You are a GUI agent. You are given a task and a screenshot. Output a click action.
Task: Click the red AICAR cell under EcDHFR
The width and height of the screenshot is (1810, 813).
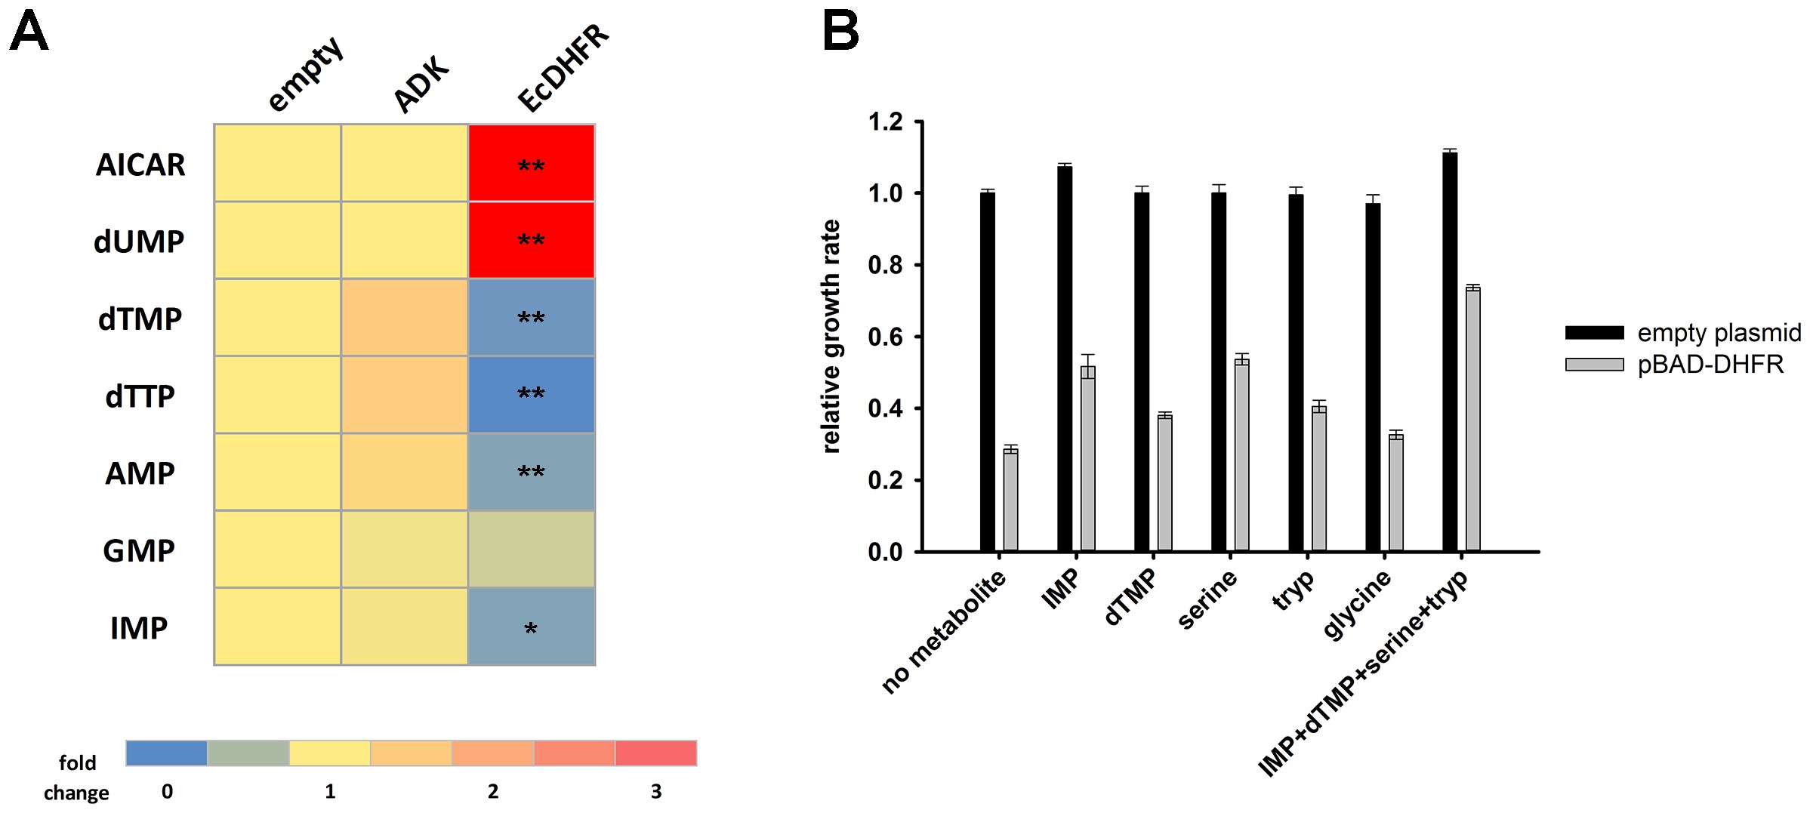pos(532,163)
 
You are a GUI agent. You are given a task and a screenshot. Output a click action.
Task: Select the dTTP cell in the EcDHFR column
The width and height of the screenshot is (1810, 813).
pos(532,394)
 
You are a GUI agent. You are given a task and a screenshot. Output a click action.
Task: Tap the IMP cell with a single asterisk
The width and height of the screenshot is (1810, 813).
pos(532,627)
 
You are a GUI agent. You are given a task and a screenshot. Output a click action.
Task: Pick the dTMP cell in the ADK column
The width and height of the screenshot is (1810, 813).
pos(405,317)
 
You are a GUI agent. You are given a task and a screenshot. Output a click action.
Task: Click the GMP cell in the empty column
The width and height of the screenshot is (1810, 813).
pos(278,549)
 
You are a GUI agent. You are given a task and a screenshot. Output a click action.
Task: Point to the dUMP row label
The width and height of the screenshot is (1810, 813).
pos(139,242)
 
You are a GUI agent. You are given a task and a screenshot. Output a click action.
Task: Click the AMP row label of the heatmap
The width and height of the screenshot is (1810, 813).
pos(140,473)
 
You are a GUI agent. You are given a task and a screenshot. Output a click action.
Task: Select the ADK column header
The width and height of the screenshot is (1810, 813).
pos(421,85)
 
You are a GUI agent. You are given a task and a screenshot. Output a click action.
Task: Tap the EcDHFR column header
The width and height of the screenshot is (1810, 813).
pos(563,68)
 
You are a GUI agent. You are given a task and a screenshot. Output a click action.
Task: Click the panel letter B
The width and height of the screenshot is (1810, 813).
pos(840,32)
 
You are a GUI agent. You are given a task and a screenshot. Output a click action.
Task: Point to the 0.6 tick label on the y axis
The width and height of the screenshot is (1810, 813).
pos(885,337)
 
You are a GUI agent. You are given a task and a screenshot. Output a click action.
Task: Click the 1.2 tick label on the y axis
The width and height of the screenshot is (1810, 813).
pos(885,122)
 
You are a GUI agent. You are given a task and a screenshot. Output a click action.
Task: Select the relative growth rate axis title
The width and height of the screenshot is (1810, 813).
pos(831,337)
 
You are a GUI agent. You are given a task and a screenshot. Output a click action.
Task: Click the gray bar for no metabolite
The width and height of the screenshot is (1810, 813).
pos(1010,500)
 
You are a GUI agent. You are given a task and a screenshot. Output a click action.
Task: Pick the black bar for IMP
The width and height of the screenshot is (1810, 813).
pos(1065,359)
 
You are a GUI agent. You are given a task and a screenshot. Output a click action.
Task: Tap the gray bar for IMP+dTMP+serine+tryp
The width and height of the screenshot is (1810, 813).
pos(1472,419)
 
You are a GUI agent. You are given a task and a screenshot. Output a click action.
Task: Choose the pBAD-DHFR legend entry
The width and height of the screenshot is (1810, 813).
pos(1710,365)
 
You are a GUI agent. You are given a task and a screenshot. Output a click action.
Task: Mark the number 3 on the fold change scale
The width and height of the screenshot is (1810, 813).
pos(655,791)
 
